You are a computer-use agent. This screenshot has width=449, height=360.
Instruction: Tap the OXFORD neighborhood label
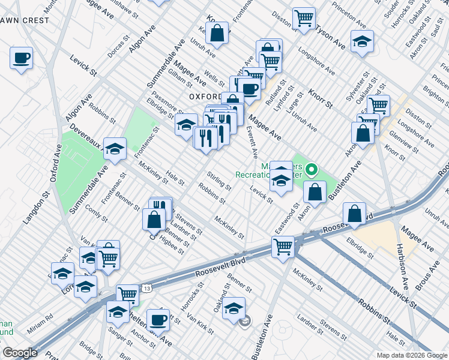pyautogui.click(x=208, y=96)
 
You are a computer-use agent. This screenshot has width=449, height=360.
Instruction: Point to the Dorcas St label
pyautogui.click(x=118, y=47)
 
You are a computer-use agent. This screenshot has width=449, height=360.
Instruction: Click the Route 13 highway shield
pyautogui.click(x=147, y=289)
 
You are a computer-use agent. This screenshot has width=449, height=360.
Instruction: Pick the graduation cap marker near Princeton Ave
pyautogui.click(x=362, y=41)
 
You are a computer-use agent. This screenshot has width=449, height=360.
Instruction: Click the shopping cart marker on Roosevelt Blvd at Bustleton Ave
pyautogui.click(x=283, y=245)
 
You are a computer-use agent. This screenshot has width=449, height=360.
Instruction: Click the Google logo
pyautogui.click(x=20, y=353)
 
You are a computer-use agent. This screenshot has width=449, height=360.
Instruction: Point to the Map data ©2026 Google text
pyautogui.click(x=411, y=355)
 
